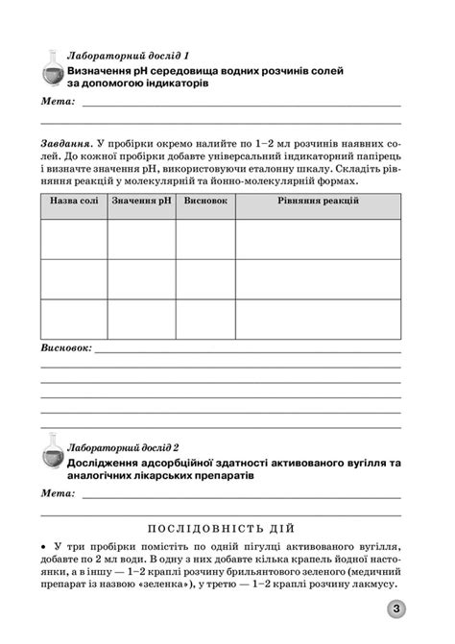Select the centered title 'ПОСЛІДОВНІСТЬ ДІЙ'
(227, 528)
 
